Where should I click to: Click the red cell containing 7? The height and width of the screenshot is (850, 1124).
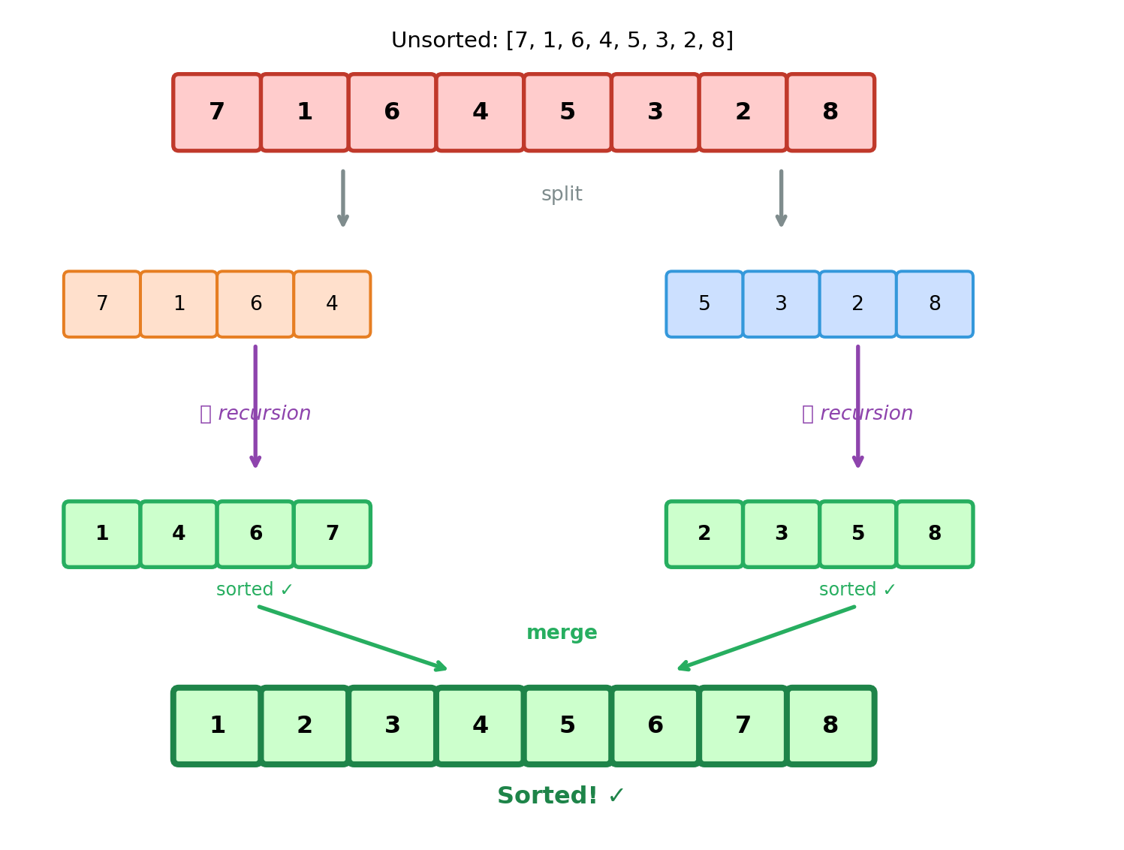coord(217,113)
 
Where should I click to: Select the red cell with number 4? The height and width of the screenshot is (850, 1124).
coord(480,113)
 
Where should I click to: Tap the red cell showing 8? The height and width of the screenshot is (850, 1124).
coord(830,113)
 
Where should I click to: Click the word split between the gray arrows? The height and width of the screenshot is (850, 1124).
coord(562,194)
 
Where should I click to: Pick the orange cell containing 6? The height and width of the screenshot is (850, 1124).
coord(255,304)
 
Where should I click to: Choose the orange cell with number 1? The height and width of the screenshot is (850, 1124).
coord(179,304)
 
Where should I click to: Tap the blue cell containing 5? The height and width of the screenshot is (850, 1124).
coord(704,304)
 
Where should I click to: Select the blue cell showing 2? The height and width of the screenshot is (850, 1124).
coord(857,304)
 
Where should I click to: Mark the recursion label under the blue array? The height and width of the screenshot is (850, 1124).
coord(857,414)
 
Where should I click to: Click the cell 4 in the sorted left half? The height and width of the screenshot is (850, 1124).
coord(179,534)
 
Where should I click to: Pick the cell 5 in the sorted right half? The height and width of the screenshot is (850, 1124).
coord(857,534)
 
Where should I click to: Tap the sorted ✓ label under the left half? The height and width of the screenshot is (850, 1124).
coord(255,590)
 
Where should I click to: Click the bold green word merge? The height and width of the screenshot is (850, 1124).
coord(562,633)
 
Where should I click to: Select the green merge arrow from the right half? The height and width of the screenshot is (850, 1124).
coord(766,637)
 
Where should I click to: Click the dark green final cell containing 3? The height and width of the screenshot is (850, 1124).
coord(392,725)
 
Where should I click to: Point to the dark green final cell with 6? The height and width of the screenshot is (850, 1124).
coord(655,725)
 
